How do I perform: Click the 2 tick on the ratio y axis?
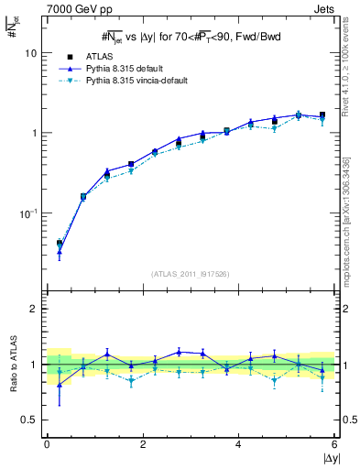36,309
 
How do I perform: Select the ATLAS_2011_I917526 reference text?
191,274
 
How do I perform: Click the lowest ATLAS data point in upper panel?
60,244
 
